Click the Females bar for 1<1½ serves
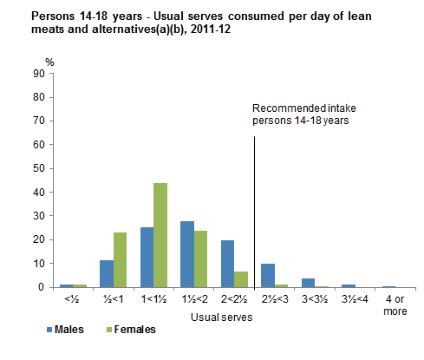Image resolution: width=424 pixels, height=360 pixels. [x=160, y=235]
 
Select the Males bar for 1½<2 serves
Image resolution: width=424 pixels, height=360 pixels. [x=187, y=254]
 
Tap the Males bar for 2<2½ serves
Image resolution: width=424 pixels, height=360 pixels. [x=227, y=264]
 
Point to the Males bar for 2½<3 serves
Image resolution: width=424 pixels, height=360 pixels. [x=268, y=275]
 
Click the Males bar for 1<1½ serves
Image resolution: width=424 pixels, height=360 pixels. [x=147, y=257]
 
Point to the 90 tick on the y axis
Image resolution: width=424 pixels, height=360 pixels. [x=40, y=74]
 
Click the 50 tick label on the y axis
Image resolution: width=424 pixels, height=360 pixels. [x=40, y=168]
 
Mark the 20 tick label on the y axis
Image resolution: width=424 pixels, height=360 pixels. [x=40, y=239]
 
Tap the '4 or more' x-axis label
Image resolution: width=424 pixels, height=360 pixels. [x=389, y=304]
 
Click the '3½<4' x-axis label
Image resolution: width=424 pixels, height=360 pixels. [x=349, y=299]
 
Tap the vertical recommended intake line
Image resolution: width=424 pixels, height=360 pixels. [x=254, y=208]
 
